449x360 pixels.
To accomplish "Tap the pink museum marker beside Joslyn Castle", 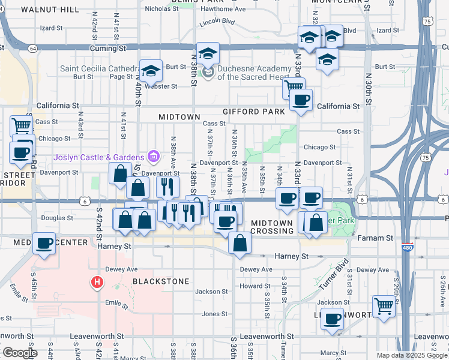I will pos(154,157).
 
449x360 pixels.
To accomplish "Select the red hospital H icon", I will pos(96,281).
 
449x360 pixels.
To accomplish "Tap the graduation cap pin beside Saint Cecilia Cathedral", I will pos(151,71).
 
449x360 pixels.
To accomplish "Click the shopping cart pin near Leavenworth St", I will pos(384,306).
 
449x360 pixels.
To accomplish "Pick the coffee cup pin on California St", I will pos(301,100).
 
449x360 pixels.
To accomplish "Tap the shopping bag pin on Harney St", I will pos(240,244).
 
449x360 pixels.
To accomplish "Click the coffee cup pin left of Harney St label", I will pos(44,244).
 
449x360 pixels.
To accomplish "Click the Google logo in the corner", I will pos(19,353).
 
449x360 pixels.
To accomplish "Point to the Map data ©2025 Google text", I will pos(412,355).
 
